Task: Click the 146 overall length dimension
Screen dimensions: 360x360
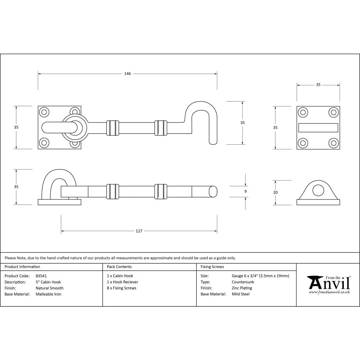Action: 127,74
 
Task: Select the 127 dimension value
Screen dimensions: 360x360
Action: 139,231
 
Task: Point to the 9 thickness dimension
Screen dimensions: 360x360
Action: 245,192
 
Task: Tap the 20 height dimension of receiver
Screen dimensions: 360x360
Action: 275,193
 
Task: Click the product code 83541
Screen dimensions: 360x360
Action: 41,276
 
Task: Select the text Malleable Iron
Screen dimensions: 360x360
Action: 48,294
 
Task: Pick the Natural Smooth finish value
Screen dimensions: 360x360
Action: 49,288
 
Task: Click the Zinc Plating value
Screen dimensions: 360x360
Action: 242,288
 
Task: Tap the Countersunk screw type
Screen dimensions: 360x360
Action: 243,282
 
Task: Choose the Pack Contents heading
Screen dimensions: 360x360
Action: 119,267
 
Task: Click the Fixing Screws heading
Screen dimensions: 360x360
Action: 212,267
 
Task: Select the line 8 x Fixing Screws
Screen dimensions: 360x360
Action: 121,288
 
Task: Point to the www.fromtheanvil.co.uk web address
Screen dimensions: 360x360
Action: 329,292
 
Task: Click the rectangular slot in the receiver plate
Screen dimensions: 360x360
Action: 318,128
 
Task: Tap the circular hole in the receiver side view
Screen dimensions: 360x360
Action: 318,190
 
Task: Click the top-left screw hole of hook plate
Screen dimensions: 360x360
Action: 44,112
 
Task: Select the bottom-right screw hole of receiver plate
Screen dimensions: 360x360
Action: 334,143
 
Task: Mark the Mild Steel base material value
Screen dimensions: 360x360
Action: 240,294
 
